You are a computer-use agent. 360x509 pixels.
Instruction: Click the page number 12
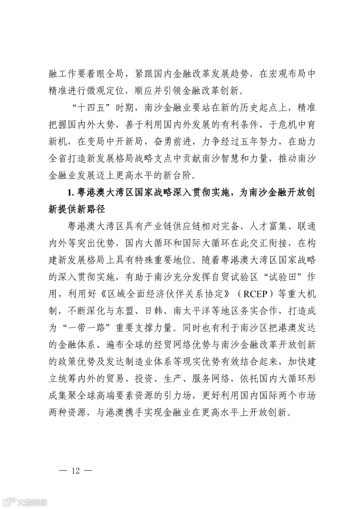click(76, 471)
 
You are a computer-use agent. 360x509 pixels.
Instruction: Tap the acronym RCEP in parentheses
click(256, 294)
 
